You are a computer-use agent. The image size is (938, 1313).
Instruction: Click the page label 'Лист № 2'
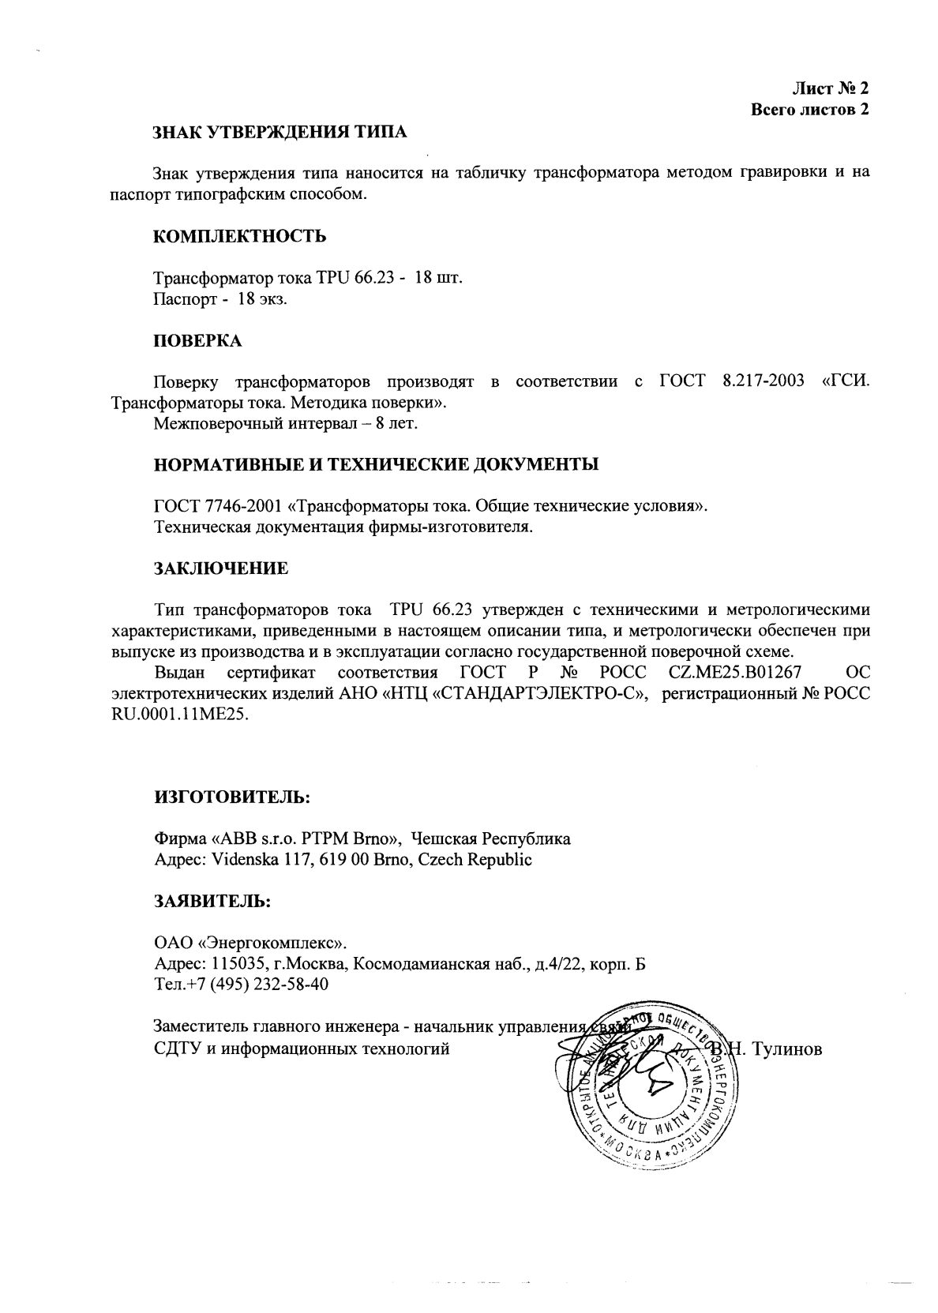(x=829, y=88)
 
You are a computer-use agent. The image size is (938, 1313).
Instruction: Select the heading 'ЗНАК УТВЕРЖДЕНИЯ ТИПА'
(x=280, y=132)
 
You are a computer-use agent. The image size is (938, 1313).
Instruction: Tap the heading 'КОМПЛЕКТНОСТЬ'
(x=239, y=236)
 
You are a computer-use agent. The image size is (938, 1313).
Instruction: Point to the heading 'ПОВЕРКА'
(x=197, y=341)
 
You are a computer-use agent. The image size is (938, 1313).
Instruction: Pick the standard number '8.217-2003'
(x=763, y=382)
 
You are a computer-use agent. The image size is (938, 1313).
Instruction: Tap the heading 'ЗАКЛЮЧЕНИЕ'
(x=220, y=568)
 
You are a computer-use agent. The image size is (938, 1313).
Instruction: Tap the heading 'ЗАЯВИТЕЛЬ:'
(x=212, y=901)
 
